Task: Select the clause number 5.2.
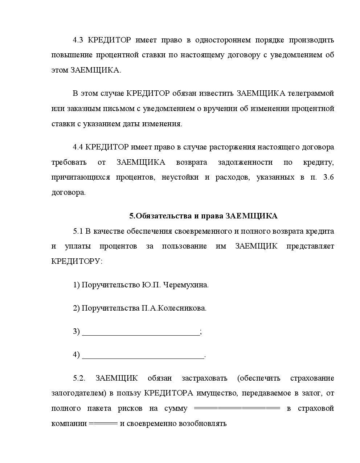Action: pyautogui.click(x=79, y=378)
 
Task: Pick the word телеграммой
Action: pyautogui.click(x=311, y=93)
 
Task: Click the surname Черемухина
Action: pyautogui.click(x=186, y=285)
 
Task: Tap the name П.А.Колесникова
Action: pyautogui.click(x=174, y=308)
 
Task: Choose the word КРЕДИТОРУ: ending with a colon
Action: pyautogui.click(x=77, y=261)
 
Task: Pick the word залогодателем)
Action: pyautogui.click(x=77, y=393)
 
